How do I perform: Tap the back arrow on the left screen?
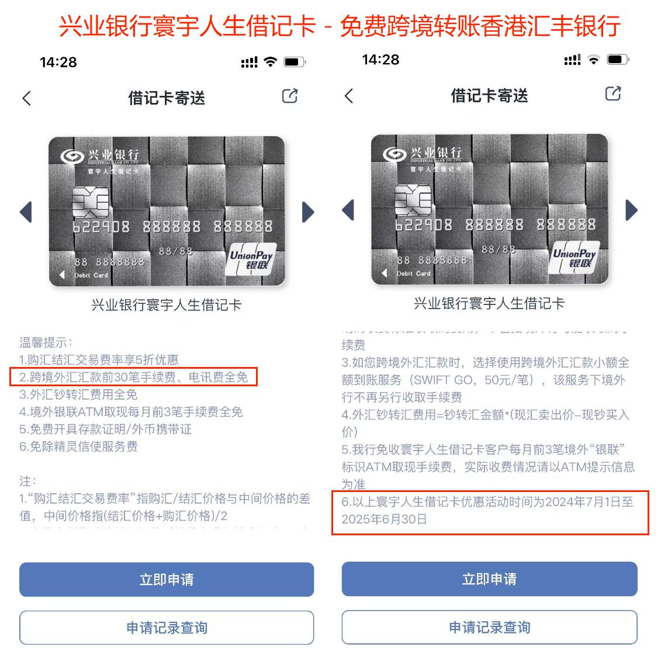point(26,98)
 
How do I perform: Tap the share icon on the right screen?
point(612,93)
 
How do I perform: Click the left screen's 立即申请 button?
point(167,580)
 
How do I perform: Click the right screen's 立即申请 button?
point(489,579)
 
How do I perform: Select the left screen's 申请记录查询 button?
point(167,628)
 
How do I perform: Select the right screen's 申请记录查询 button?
point(489,627)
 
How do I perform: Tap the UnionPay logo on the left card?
point(250,259)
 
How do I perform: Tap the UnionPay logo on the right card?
point(574,257)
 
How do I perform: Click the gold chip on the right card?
point(413,200)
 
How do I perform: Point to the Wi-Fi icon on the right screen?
point(593,60)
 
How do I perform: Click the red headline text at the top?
point(339,26)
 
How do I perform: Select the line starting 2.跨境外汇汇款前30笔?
point(133,377)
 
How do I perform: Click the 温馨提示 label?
point(46,342)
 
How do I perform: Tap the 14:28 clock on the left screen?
point(58,62)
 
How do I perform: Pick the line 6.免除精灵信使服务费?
point(78,446)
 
